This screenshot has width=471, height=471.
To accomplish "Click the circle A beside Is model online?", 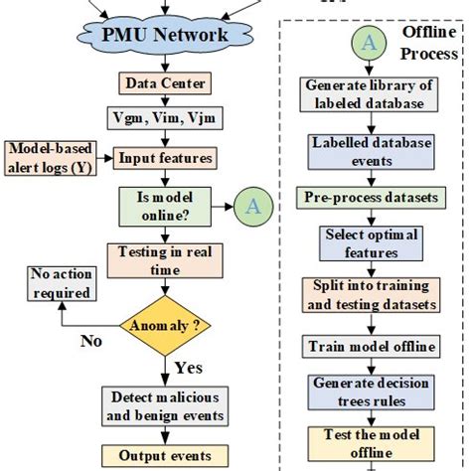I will (x=252, y=206).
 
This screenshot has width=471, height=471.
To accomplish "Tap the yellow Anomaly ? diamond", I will (x=164, y=325).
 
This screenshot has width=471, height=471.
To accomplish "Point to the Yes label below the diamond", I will (x=189, y=367).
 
